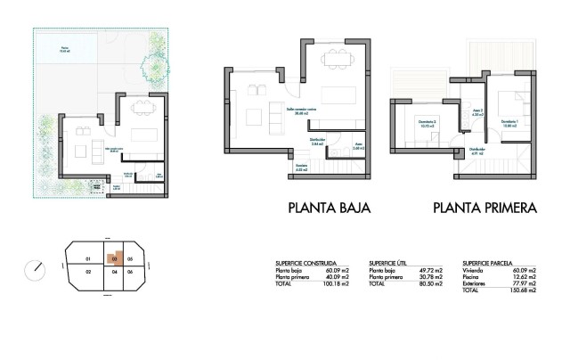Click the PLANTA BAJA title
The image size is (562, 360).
(329, 209)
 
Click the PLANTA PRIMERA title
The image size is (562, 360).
(485, 209)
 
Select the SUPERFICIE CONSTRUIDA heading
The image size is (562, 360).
(305, 265)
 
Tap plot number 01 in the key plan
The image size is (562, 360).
(88, 259)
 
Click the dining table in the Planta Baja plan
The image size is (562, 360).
(336, 60)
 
